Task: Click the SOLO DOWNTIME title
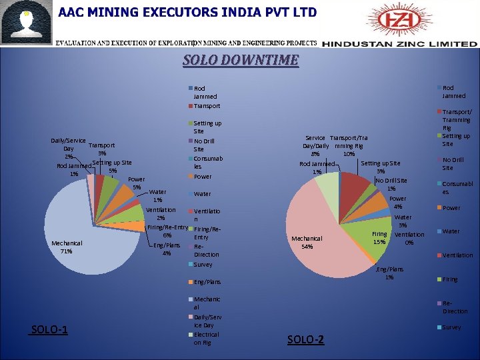coord(241,61)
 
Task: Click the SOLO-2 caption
coord(305,340)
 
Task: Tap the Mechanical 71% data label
coord(66,247)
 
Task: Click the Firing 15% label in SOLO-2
coord(379,238)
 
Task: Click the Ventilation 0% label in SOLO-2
coord(409,238)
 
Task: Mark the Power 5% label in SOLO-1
coord(136,183)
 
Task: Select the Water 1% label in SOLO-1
coord(157,196)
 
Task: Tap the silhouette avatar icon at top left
coord(27,23)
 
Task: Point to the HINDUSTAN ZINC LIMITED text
coord(399,44)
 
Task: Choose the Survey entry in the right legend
coord(451,327)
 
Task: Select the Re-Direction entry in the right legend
coord(455,307)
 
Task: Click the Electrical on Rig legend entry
coord(205,338)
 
